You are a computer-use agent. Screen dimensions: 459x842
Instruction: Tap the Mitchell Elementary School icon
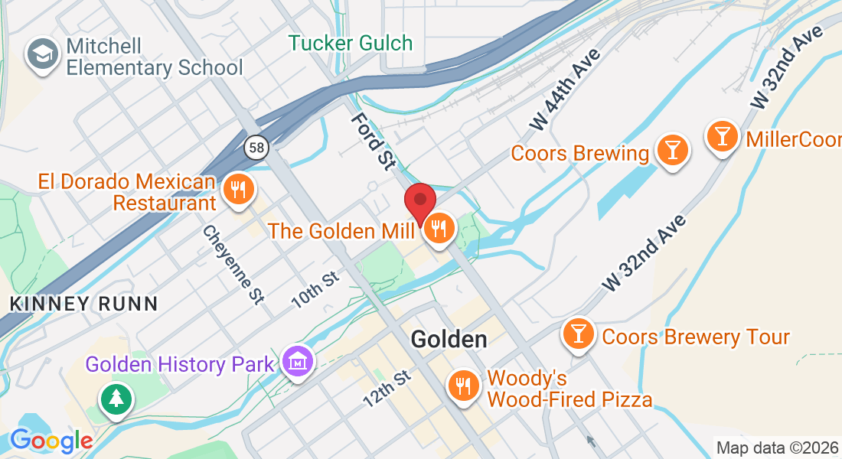coord(38,54)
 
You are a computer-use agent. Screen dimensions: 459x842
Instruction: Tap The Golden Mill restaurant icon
coord(439,228)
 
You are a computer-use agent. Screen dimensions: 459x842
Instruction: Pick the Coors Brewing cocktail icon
coord(673,148)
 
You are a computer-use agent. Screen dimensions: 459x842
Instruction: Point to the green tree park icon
coord(116,399)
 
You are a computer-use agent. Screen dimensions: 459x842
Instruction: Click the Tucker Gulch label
coord(351,43)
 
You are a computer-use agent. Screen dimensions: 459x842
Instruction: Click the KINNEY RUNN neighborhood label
coord(83,304)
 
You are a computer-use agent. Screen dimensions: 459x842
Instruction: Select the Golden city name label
coord(449,339)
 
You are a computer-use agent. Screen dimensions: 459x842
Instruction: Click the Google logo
coord(51,441)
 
